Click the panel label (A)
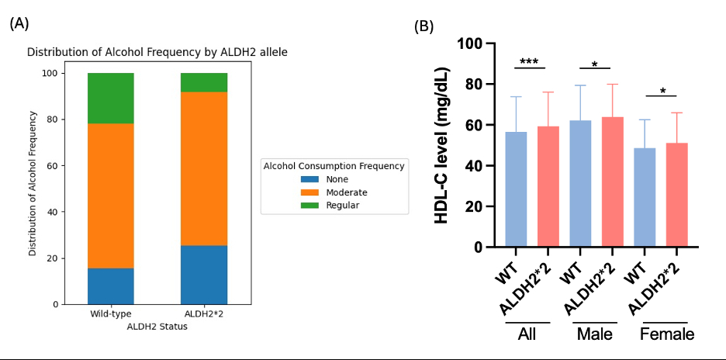[19, 23]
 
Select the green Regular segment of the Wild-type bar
[111, 99]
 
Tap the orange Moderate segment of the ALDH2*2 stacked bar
[204, 169]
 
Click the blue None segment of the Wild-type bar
[111, 286]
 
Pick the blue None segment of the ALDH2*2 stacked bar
[204, 275]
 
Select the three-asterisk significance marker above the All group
[529, 62]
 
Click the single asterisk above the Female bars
[662, 92]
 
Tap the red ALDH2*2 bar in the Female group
[676, 195]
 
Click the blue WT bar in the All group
[516, 189]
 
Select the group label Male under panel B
[594, 334]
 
